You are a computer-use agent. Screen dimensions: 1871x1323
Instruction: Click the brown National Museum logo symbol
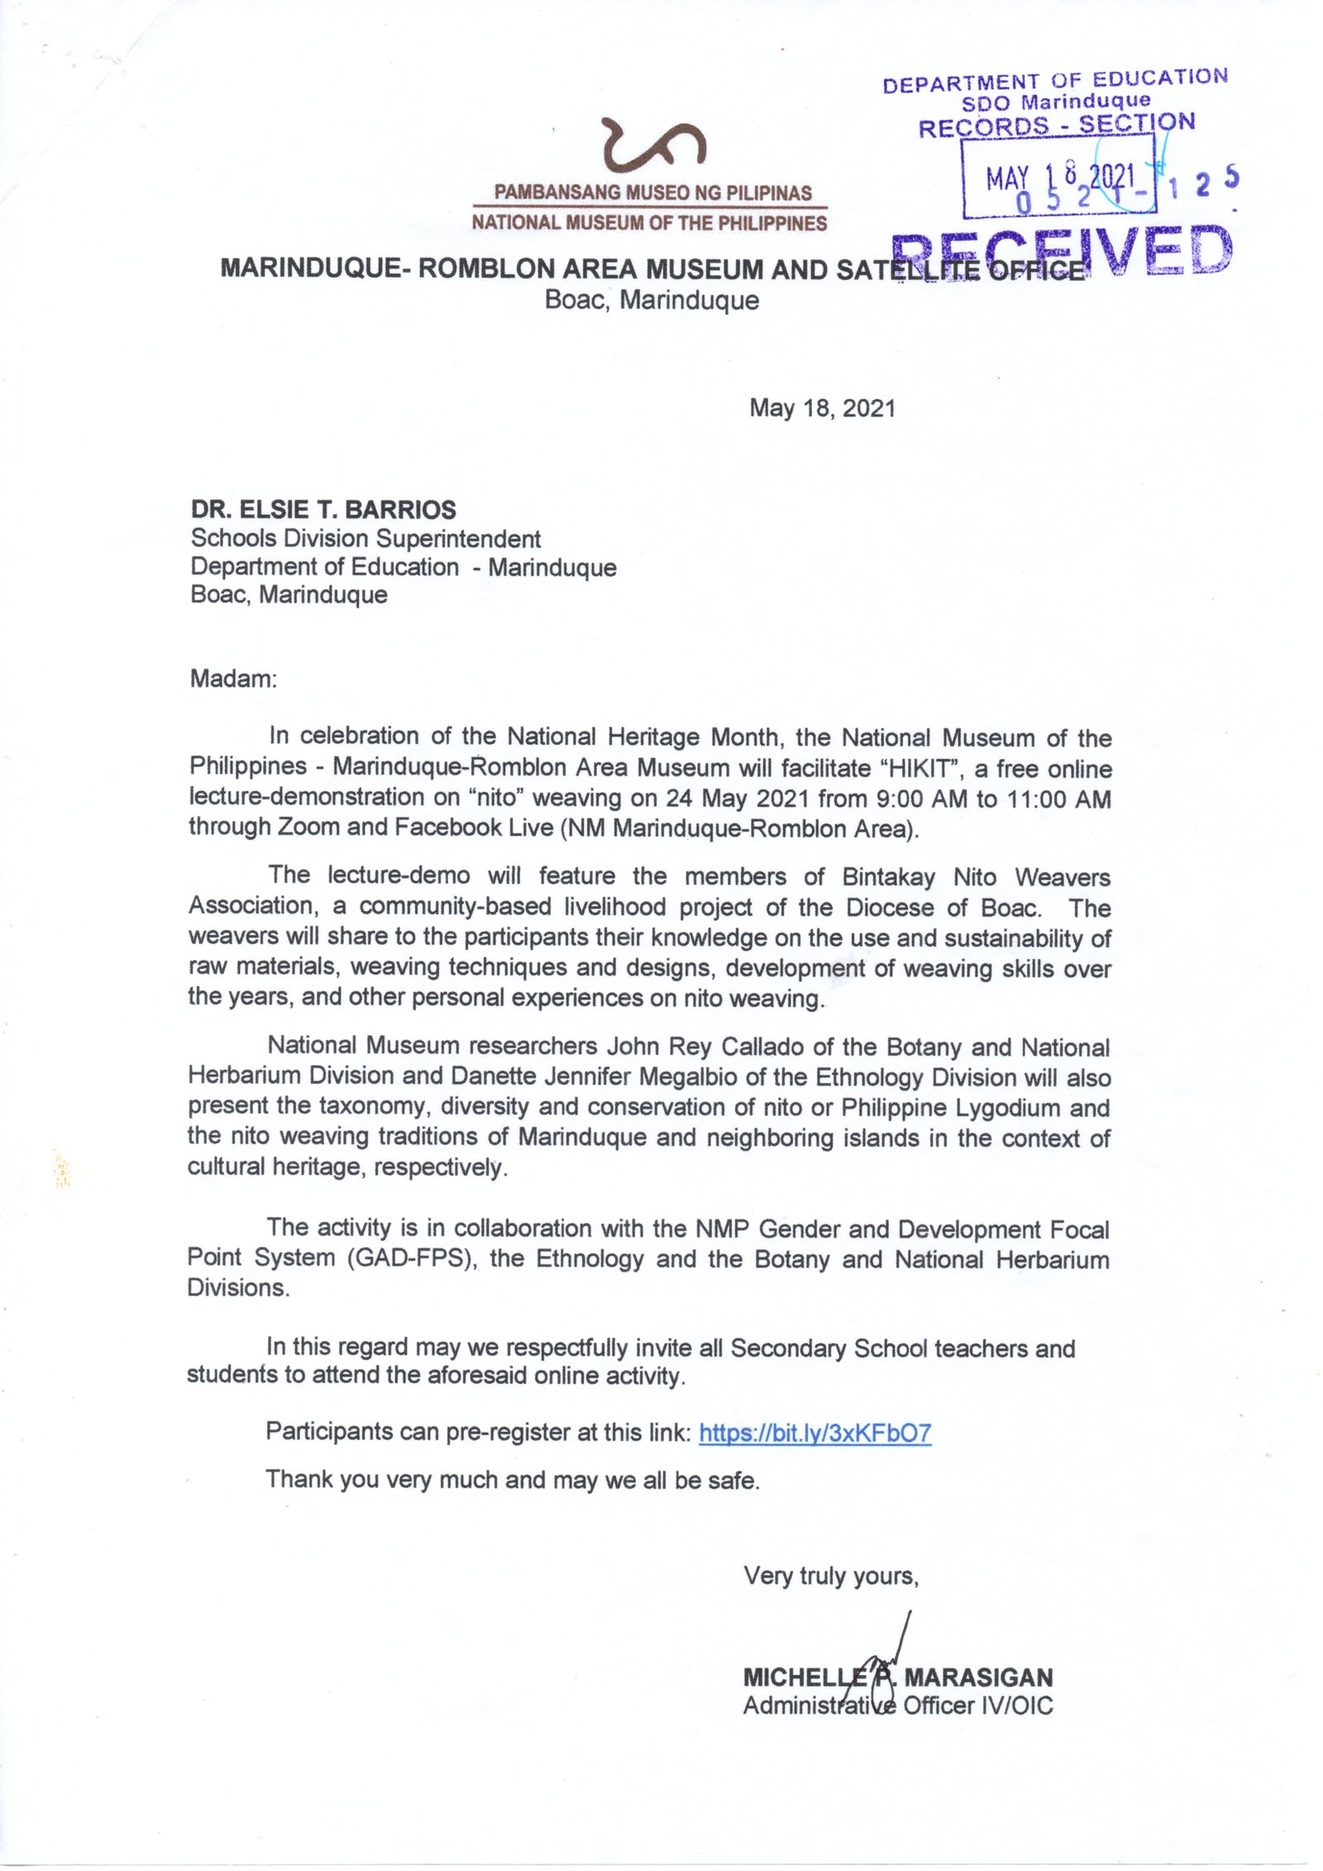click(653, 146)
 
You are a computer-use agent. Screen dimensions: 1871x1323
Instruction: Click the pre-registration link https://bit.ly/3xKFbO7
click(814, 1433)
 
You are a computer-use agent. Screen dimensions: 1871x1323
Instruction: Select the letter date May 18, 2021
click(822, 408)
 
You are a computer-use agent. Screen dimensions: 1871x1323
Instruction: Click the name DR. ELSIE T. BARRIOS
click(323, 509)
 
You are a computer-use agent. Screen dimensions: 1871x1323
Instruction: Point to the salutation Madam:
click(234, 679)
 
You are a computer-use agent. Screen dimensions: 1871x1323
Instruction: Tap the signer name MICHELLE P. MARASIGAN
click(897, 1678)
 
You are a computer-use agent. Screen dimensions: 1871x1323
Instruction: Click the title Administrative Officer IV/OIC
click(897, 1706)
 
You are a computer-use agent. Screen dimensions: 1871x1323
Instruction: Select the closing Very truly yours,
click(830, 1576)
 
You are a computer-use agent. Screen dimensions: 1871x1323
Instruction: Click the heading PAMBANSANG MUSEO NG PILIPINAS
click(652, 193)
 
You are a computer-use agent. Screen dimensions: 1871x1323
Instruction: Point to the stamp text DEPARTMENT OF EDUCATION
click(1054, 81)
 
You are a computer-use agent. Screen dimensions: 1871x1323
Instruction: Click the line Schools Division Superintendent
click(365, 539)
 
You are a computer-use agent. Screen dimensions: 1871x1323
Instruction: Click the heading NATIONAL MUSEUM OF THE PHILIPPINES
click(649, 223)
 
